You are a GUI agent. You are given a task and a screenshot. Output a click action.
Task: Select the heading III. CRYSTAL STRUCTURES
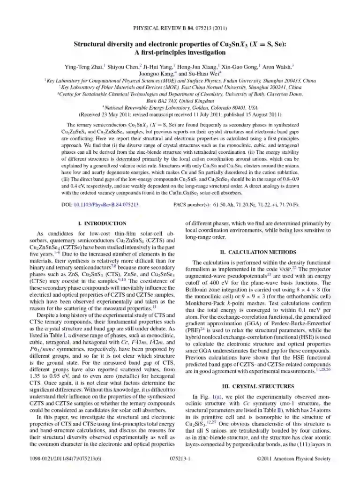[x=259, y=386]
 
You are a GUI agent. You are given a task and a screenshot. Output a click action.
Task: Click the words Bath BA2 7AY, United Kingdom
[x=180, y=100]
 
